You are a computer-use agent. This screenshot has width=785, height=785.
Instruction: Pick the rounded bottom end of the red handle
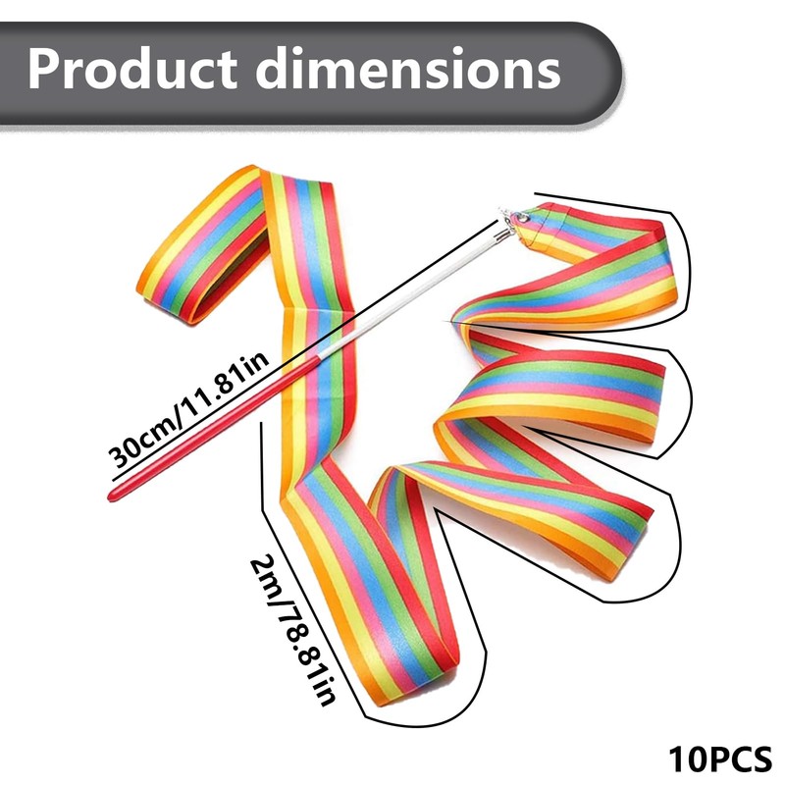114,493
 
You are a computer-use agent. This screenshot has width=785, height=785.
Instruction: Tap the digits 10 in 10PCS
686,759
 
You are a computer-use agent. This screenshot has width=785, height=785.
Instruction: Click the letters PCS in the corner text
741,759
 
